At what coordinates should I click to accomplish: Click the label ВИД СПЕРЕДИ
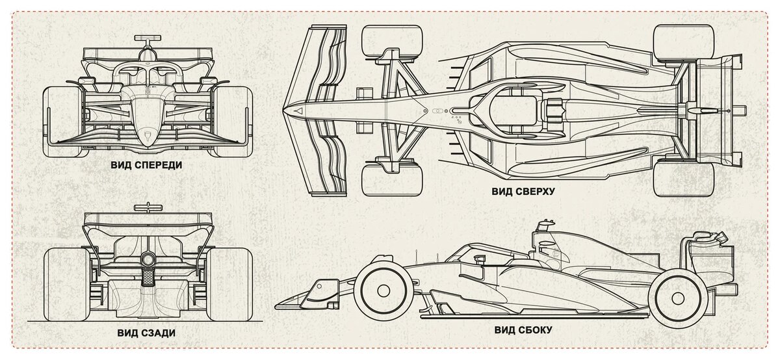point(146,165)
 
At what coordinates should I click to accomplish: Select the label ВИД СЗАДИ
point(146,333)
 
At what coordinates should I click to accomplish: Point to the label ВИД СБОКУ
point(523,329)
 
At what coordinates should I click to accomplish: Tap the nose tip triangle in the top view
point(298,111)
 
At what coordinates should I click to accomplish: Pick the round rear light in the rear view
point(147,260)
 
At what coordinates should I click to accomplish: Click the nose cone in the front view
point(147,123)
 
